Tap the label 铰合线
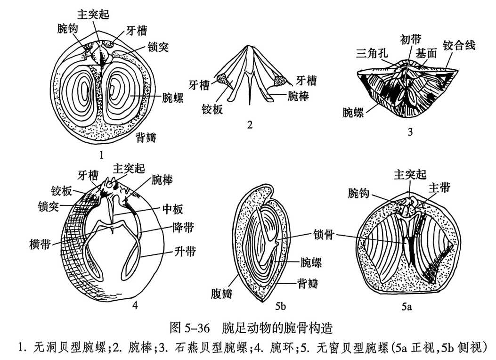pyautogui.click(x=459, y=46)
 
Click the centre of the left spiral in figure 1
pyautogui.click(x=85, y=89)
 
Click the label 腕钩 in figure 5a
pyautogui.click(x=361, y=194)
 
